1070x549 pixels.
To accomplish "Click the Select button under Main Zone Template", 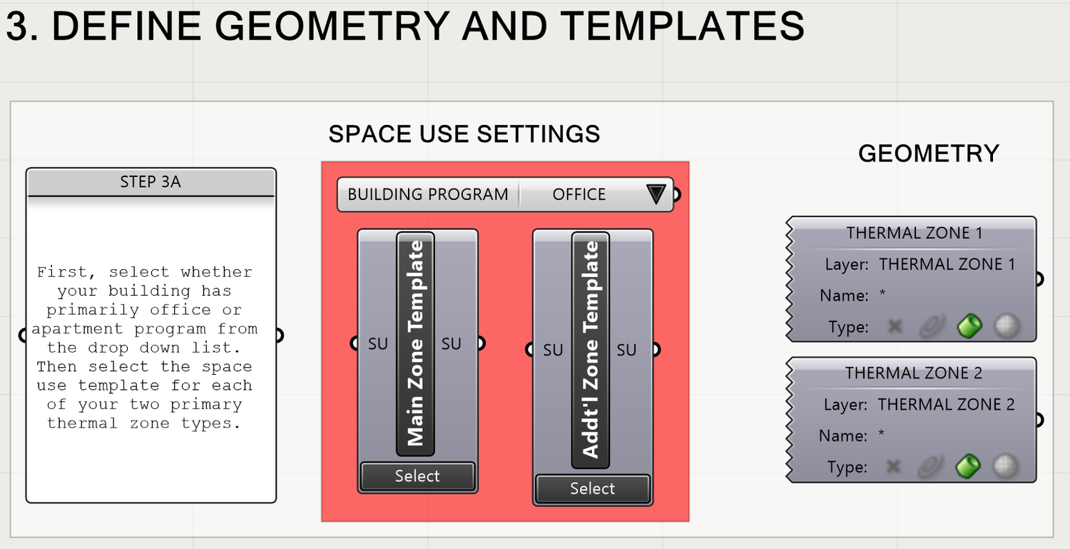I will click(417, 476).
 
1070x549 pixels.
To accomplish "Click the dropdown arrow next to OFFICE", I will click(656, 194).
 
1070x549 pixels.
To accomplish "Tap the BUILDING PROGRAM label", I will click(428, 194).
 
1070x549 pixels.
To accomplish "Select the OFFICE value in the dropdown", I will click(579, 194).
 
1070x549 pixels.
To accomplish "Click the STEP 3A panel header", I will click(151, 182).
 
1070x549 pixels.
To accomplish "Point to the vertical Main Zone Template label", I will click(415, 343).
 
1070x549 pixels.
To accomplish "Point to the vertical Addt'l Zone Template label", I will click(591, 350).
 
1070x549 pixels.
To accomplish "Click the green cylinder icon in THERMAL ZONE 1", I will click(969, 326).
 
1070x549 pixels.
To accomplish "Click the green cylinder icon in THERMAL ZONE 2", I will click(968, 467).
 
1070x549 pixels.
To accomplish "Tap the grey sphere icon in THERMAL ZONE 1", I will click(1007, 326).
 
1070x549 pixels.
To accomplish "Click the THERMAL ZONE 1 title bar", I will click(914, 233).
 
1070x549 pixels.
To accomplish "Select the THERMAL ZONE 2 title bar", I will click(914, 373).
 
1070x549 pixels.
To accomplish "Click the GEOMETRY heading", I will click(928, 153).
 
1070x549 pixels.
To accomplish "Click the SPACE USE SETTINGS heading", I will click(464, 134).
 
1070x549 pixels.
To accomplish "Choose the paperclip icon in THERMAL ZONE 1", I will click(930, 326).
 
